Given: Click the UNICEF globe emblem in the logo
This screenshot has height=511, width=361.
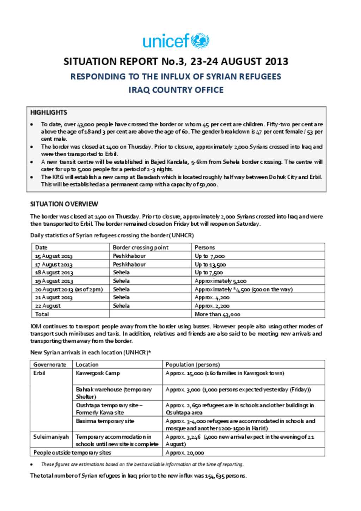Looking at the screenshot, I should (x=200, y=41).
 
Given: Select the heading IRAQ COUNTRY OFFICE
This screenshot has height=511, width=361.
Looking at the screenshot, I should (x=176, y=90).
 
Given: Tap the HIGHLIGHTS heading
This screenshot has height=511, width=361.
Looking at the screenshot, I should (x=49, y=112).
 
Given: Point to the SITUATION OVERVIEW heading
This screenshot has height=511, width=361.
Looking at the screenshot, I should (x=64, y=204).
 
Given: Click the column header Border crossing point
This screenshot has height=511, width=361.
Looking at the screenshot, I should (x=141, y=247).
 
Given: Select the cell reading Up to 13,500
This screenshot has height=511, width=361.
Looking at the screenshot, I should (x=210, y=264).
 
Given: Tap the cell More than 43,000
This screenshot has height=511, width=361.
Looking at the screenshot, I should (x=218, y=314).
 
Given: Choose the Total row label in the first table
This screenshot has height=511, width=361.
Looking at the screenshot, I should (x=42, y=314).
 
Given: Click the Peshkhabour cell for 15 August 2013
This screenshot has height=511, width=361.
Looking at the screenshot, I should (x=129, y=256).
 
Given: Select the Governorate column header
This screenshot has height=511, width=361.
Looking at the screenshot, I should (x=50, y=365).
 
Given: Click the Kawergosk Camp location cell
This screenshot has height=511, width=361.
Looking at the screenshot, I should (x=98, y=373).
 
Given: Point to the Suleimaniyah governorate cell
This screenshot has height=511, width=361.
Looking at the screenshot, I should (x=51, y=437).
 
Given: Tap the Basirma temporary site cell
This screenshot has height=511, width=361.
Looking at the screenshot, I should (x=105, y=421).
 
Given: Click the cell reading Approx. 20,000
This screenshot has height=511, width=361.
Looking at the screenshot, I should (x=185, y=453).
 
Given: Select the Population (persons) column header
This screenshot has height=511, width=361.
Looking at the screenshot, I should (x=193, y=365).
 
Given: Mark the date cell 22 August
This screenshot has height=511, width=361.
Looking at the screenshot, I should (x=48, y=306).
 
